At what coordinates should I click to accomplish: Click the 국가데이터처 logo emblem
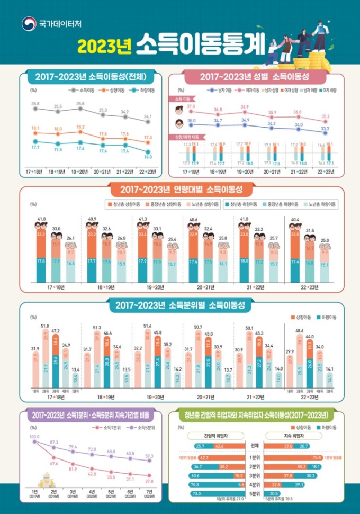(28, 24)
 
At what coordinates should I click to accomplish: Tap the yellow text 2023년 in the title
(104, 47)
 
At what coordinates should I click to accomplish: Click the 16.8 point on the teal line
(148, 151)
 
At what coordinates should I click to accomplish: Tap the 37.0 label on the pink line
(191, 106)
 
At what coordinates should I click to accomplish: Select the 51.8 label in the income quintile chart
(44, 326)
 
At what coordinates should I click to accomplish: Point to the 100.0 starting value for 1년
(35, 437)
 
